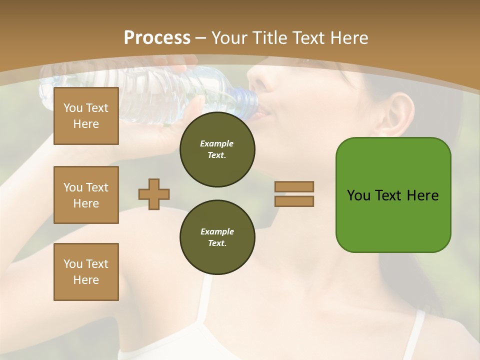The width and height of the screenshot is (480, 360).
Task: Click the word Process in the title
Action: point(157,38)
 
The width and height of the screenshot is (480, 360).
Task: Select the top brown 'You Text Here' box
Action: point(86,116)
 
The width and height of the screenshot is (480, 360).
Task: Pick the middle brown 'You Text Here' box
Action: point(86,195)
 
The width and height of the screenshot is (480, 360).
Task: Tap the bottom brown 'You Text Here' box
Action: point(86,272)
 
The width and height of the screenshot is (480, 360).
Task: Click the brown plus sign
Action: point(154,194)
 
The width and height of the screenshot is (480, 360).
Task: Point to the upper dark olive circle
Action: point(217,149)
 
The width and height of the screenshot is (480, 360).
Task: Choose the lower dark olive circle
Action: point(217,237)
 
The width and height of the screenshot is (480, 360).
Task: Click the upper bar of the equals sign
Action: point(294,186)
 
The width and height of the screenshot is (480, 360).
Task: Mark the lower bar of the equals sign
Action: point(294,201)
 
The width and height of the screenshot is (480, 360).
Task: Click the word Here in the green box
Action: point(422,195)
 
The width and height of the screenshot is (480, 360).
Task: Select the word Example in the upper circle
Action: point(217,143)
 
